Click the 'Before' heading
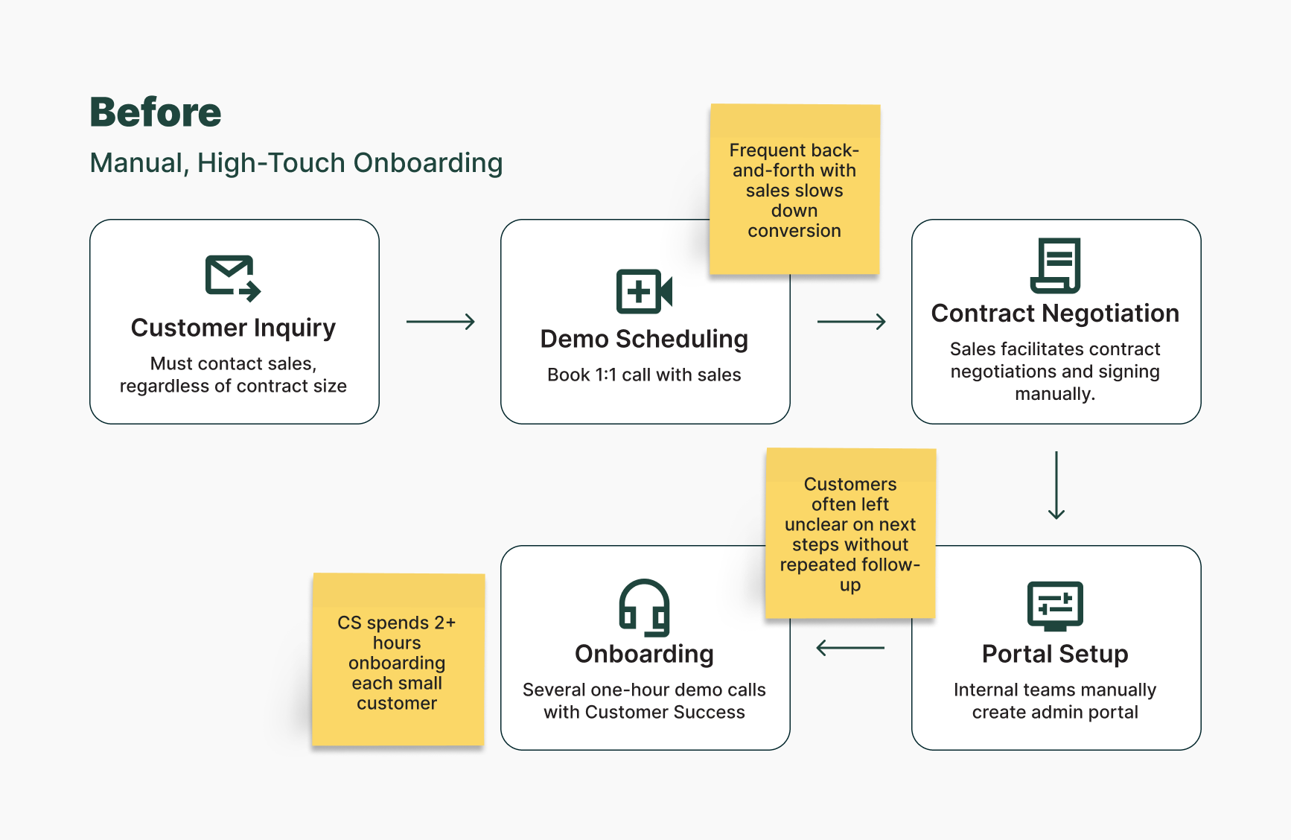pyautogui.click(x=156, y=112)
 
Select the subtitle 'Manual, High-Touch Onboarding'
pyautogui.click(x=296, y=163)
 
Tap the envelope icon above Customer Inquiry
pyautogui.click(x=232, y=278)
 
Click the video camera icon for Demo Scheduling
pyautogui.click(x=644, y=291)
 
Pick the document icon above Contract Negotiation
pyautogui.click(x=1055, y=266)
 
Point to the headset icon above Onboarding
pyautogui.click(x=644, y=608)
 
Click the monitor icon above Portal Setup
pyautogui.click(x=1055, y=605)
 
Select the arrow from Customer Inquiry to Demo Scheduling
pyautogui.click(x=440, y=322)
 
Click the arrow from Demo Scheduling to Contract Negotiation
pyautogui.click(x=851, y=322)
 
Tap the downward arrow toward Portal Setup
pyautogui.click(x=1056, y=485)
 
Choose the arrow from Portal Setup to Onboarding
pyautogui.click(x=850, y=648)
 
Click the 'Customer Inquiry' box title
pyautogui.click(x=233, y=328)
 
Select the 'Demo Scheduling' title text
pyautogui.click(x=644, y=339)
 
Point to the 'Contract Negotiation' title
pyautogui.click(x=1055, y=314)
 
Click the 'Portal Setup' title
pyautogui.click(x=1055, y=654)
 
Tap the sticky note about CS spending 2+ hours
pyautogui.click(x=398, y=661)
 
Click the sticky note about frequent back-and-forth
pyautogui.click(x=794, y=190)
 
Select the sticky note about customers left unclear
pyautogui.click(x=850, y=534)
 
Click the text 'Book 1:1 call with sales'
pyautogui.click(x=644, y=375)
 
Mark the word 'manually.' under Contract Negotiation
pyautogui.click(x=1055, y=394)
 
